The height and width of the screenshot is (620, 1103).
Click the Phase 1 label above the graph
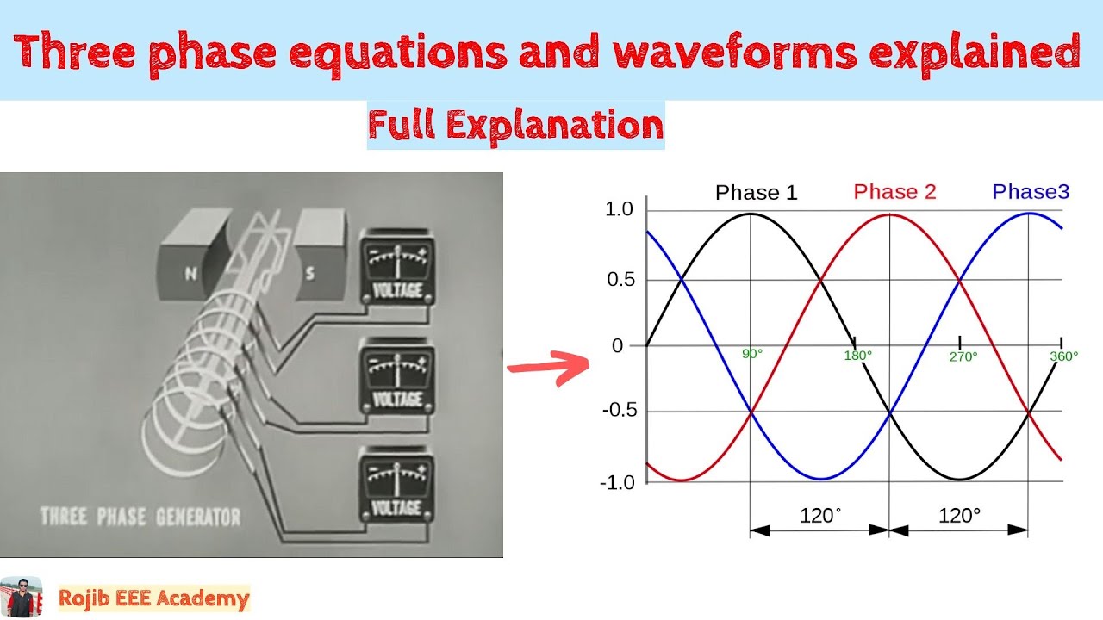[756, 193]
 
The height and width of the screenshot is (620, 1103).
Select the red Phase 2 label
[894, 192]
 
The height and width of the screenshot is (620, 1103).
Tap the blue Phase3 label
[1031, 192]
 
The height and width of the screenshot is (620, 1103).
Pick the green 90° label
[752, 353]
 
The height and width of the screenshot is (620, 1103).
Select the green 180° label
[857, 355]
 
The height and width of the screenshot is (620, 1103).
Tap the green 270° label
[963, 356]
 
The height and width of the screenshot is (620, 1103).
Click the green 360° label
[1064, 356]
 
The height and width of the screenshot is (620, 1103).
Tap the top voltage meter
[396, 267]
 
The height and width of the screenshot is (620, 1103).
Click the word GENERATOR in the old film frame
[197, 518]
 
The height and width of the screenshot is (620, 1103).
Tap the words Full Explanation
[515, 126]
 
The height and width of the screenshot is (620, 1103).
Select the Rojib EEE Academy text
[153, 598]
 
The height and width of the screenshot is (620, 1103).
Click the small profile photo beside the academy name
[21, 598]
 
